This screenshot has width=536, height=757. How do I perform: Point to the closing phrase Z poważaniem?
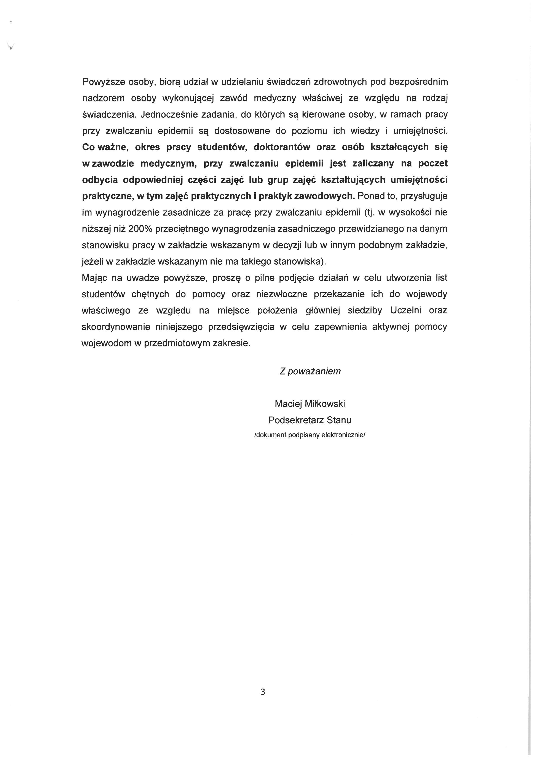[x=310, y=371]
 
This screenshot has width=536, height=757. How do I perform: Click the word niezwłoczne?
[x=282, y=294]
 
